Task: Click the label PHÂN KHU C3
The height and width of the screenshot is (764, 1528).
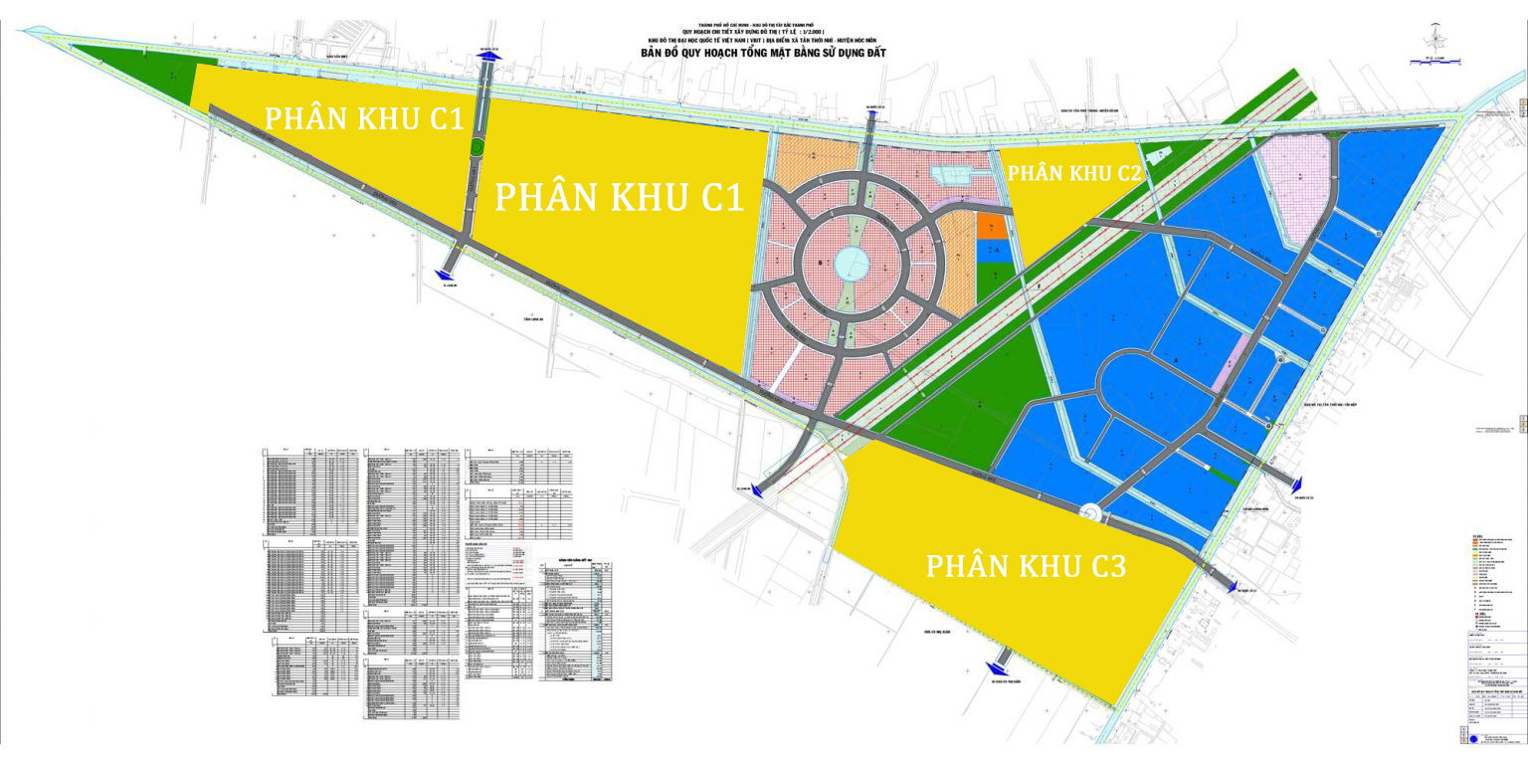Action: [1026, 566]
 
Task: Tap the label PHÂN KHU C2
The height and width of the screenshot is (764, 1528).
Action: [1074, 172]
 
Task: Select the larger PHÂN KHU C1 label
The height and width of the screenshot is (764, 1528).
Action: [619, 196]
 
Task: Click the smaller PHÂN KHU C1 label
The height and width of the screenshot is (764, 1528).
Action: [365, 117]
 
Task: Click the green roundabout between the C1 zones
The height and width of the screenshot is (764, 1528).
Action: [477, 147]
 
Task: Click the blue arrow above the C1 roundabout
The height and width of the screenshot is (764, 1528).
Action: [488, 58]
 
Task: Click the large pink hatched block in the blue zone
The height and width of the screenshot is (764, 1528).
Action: [1295, 187]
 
